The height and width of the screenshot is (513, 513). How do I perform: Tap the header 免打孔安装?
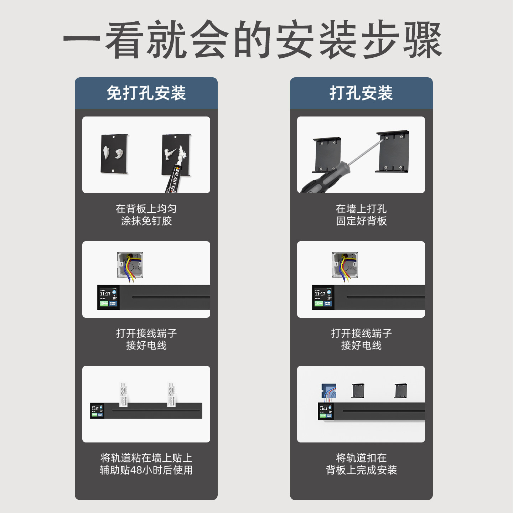146,93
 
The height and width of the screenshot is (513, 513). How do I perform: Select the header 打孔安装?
361,93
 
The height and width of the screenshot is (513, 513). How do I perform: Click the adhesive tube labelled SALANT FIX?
174,178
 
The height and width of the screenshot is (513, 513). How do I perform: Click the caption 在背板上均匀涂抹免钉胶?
146,215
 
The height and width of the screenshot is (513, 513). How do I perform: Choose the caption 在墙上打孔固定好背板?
361,215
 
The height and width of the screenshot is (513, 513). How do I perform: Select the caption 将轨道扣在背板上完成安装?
361,464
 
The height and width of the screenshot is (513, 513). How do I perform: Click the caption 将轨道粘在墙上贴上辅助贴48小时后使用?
146,464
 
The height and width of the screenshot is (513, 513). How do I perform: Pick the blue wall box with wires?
329,391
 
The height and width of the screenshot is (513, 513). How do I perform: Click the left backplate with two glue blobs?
114,154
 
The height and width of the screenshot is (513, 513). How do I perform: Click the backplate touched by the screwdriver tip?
393,151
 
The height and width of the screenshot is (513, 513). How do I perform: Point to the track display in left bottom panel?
97,411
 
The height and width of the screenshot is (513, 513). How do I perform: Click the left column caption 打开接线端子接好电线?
146,339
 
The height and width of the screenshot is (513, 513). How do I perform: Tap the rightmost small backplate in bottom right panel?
401,391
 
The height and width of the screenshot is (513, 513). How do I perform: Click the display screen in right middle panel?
323,297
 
